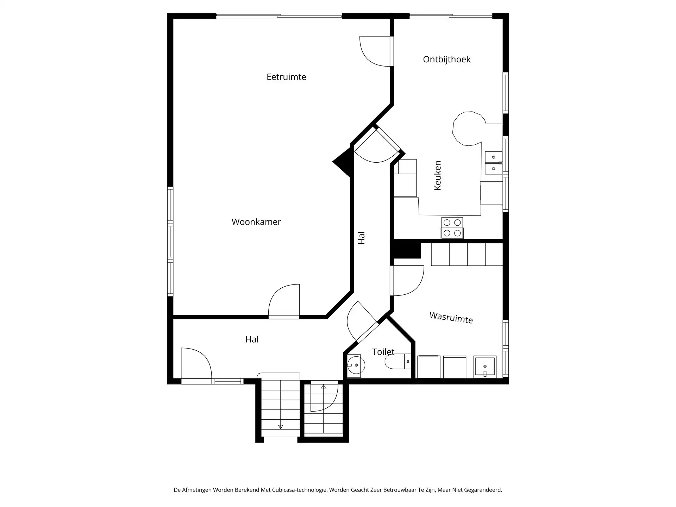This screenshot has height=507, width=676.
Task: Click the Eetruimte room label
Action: pyautogui.click(x=286, y=77)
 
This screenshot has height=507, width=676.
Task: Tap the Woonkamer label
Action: pyautogui.click(x=256, y=222)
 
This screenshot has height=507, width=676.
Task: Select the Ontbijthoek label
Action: pyautogui.click(x=446, y=60)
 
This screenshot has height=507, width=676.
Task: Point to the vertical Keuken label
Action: pyautogui.click(x=438, y=176)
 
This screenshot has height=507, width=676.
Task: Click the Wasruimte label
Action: pyautogui.click(x=451, y=317)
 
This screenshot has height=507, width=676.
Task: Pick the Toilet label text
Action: pyautogui.click(x=383, y=352)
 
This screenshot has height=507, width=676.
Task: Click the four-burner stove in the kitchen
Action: pyautogui.click(x=452, y=228)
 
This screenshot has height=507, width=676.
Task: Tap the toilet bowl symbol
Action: pyautogui.click(x=395, y=362)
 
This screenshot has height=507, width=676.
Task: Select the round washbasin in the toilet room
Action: pyautogui.click(x=356, y=365)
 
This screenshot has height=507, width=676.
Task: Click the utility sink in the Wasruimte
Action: pyautogui.click(x=485, y=367)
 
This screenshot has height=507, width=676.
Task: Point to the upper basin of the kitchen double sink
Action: pyautogui.click(x=493, y=157)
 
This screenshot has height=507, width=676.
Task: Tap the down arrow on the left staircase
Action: pyautogui.click(x=281, y=427)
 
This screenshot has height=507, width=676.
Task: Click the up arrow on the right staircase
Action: pyautogui.click(x=323, y=387)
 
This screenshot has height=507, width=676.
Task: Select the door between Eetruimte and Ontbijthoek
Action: pyautogui.click(x=375, y=51)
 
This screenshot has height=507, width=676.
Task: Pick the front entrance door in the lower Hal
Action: pyautogui.click(x=196, y=364)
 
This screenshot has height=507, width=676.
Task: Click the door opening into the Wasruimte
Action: pyautogui.click(x=407, y=281)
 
